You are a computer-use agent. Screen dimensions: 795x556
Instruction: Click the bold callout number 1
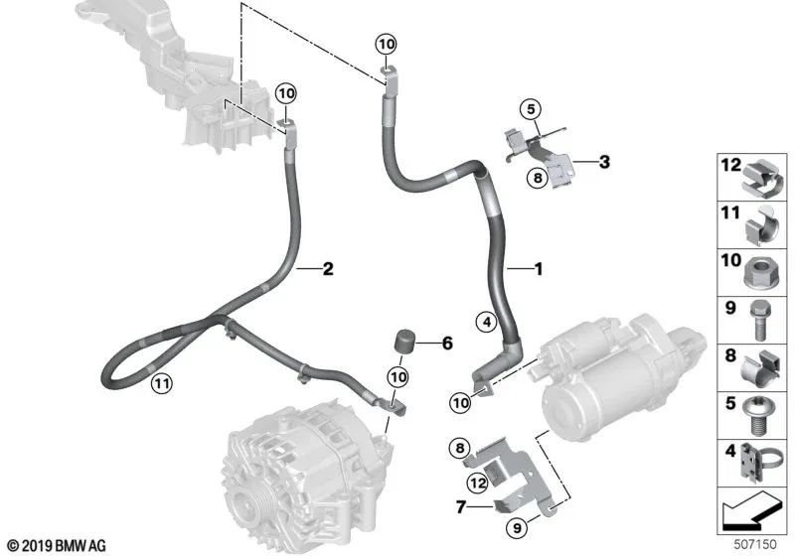pyautogui.click(x=539, y=269)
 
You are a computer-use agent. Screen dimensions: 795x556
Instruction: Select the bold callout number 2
pyautogui.click(x=329, y=269)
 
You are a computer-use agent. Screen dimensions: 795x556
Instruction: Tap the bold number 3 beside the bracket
pyautogui.click(x=604, y=162)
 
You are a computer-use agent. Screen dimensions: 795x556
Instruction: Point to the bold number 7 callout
pyautogui.click(x=460, y=506)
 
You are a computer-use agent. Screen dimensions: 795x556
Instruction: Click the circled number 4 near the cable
pyautogui.click(x=487, y=322)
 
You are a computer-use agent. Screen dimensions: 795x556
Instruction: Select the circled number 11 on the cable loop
pyautogui.click(x=162, y=383)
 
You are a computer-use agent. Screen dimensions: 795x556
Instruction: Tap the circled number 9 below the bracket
pyautogui.click(x=517, y=528)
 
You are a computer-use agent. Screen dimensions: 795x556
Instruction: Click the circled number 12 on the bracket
pyautogui.click(x=478, y=483)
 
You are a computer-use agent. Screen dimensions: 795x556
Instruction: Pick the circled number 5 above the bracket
pyautogui.click(x=531, y=109)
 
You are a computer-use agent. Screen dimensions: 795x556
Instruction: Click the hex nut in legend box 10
pyautogui.click(x=759, y=274)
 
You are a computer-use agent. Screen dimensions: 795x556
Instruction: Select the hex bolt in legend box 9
pyautogui.click(x=758, y=320)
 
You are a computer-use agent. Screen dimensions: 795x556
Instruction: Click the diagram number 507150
pyautogui.click(x=755, y=544)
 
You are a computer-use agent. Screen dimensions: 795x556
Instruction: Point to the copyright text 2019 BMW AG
pyautogui.click(x=57, y=546)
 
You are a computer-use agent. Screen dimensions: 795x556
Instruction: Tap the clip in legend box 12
pyautogui.click(x=763, y=179)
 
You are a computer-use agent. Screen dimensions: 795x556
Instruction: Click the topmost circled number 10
pyautogui.click(x=387, y=44)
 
